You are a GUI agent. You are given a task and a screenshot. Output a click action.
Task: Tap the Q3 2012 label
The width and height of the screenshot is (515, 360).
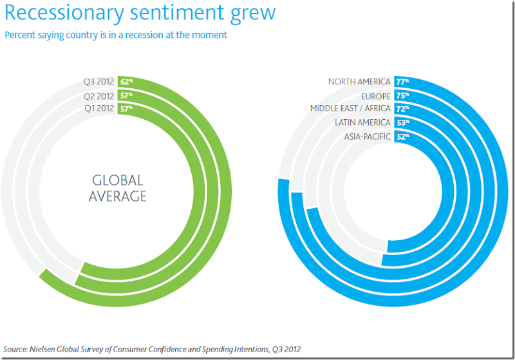[x=98, y=82]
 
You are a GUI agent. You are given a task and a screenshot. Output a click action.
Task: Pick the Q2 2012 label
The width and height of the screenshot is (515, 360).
[x=98, y=95]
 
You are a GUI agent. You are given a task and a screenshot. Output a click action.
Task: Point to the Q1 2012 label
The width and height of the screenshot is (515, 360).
[x=98, y=108]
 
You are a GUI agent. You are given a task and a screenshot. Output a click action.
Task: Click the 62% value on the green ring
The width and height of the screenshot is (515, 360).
[x=126, y=82]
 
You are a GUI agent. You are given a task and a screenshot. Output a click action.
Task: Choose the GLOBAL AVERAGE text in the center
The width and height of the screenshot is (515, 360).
[x=118, y=188]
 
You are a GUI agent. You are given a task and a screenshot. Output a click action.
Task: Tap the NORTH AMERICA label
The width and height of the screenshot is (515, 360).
[x=359, y=82]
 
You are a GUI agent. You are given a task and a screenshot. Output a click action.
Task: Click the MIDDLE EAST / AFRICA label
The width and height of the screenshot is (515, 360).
[x=350, y=108]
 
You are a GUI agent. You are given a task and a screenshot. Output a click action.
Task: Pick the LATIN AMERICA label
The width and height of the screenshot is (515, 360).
[x=362, y=122]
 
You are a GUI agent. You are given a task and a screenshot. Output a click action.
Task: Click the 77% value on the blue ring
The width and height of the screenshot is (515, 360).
[x=402, y=82]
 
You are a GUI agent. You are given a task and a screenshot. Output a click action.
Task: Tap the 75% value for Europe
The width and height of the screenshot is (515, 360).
[x=402, y=95]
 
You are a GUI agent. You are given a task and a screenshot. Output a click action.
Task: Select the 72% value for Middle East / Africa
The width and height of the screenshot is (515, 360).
[x=402, y=108]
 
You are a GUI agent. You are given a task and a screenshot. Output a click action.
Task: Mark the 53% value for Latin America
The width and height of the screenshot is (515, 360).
[x=402, y=122]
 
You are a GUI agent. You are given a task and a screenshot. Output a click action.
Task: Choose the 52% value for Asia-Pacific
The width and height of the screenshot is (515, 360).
[x=402, y=136]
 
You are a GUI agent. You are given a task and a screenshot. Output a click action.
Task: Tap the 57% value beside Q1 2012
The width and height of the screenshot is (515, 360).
[x=126, y=108]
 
